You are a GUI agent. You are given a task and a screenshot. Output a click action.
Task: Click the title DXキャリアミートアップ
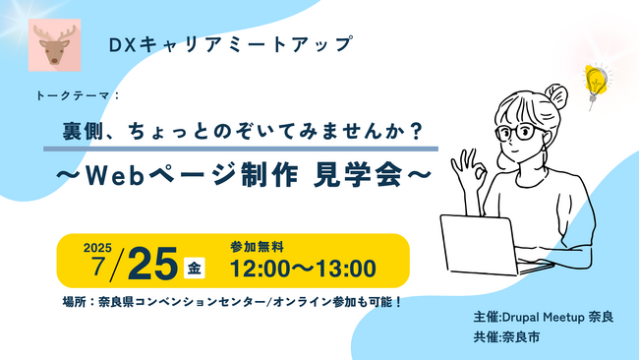tap(217, 44)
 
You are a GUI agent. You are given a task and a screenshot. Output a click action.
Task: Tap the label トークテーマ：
tap(77, 97)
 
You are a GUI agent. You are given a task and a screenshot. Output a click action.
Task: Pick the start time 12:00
tap(261, 268)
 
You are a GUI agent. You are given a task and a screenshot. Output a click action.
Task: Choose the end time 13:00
tap(345, 268)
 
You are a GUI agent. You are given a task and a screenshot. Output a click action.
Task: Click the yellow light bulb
tap(593, 78)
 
